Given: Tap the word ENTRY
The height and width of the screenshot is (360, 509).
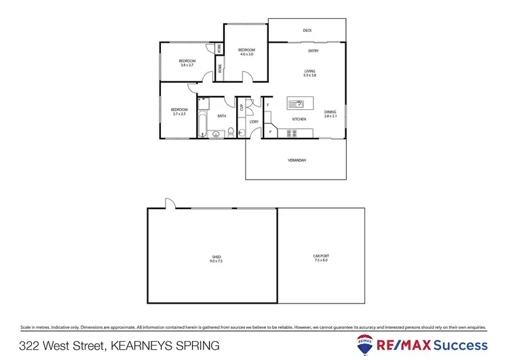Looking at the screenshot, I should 314,51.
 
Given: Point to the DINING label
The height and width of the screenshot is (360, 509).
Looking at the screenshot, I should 330,112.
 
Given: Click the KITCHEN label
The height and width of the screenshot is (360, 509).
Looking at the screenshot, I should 299,120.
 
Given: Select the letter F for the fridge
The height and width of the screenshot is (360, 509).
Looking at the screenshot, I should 268,105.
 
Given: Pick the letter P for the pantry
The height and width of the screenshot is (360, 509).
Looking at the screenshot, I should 270,132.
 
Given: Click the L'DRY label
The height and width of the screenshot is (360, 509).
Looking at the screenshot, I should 254,122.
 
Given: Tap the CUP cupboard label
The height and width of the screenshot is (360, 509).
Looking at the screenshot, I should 242,107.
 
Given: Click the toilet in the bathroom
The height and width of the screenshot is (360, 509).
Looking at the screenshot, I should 231,132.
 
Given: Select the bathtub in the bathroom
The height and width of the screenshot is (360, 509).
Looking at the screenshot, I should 203,122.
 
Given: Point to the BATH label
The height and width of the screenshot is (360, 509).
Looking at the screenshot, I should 221,116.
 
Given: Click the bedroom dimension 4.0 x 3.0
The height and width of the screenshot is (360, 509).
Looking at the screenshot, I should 246,54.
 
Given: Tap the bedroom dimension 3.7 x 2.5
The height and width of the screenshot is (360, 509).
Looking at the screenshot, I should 178,113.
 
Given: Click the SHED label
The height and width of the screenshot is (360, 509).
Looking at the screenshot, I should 216,256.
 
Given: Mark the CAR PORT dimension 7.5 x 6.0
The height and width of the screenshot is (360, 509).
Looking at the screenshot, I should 320,260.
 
